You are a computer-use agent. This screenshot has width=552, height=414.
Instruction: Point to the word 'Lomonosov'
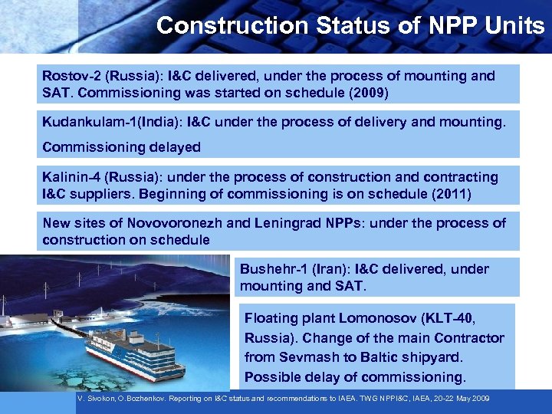coord(364,318)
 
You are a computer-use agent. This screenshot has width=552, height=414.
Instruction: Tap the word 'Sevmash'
coord(304,357)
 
